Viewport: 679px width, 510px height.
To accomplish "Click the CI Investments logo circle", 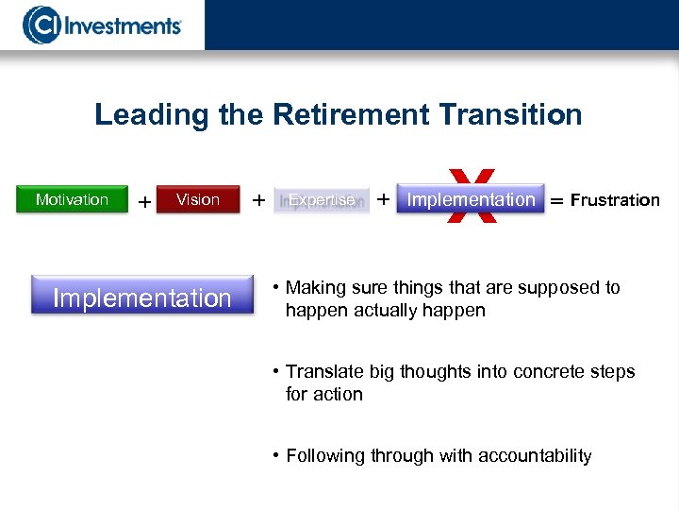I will pos(41,25).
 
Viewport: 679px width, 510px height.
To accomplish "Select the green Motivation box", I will pos(73,199).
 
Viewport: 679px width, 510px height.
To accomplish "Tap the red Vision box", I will pos(198,199).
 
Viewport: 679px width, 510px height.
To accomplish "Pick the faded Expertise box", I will pos(322,200).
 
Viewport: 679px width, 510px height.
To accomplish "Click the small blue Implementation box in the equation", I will pos(471,199).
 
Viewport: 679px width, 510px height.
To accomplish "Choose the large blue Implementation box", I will pos(142,298).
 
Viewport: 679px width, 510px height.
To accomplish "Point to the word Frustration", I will pos(615,200).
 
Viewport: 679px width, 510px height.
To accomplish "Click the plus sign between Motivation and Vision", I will pos(144,202).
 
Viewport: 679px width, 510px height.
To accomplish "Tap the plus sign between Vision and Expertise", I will pos(258,199).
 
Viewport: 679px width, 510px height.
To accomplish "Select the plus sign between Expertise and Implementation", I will pos(383,199).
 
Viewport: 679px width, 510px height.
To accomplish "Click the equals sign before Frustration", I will pos(556,201).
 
